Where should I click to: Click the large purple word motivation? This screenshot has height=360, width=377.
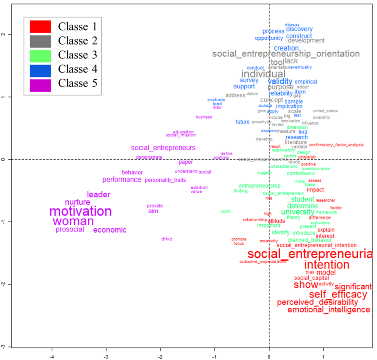[x=81, y=212]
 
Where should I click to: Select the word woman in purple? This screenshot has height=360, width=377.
[x=73, y=221]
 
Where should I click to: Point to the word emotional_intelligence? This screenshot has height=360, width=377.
[x=329, y=310]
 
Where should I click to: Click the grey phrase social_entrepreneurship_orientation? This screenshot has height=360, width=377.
[x=286, y=54]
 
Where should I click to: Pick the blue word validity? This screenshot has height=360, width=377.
[x=280, y=81]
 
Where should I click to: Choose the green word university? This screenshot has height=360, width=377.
[x=297, y=212]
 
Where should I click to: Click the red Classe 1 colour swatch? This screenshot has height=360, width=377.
[x=40, y=26]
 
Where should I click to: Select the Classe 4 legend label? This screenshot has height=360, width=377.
[x=77, y=69]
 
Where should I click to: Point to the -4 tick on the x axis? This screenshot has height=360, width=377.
[x=52, y=357]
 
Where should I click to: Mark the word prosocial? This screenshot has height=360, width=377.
[x=70, y=230]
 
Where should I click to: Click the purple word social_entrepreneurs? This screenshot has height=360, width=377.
[x=163, y=148]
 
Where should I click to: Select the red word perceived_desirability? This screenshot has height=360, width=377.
[x=317, y=302]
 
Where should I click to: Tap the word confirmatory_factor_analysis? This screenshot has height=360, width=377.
[x=336, y=145]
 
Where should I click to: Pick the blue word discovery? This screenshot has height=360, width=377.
[x=299, y=29]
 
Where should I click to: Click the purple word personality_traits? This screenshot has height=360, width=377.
[x=165, y=180]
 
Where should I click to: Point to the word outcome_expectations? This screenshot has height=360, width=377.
[x=263, y=262]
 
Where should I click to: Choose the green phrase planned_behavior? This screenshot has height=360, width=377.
[x=310, y=240]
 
